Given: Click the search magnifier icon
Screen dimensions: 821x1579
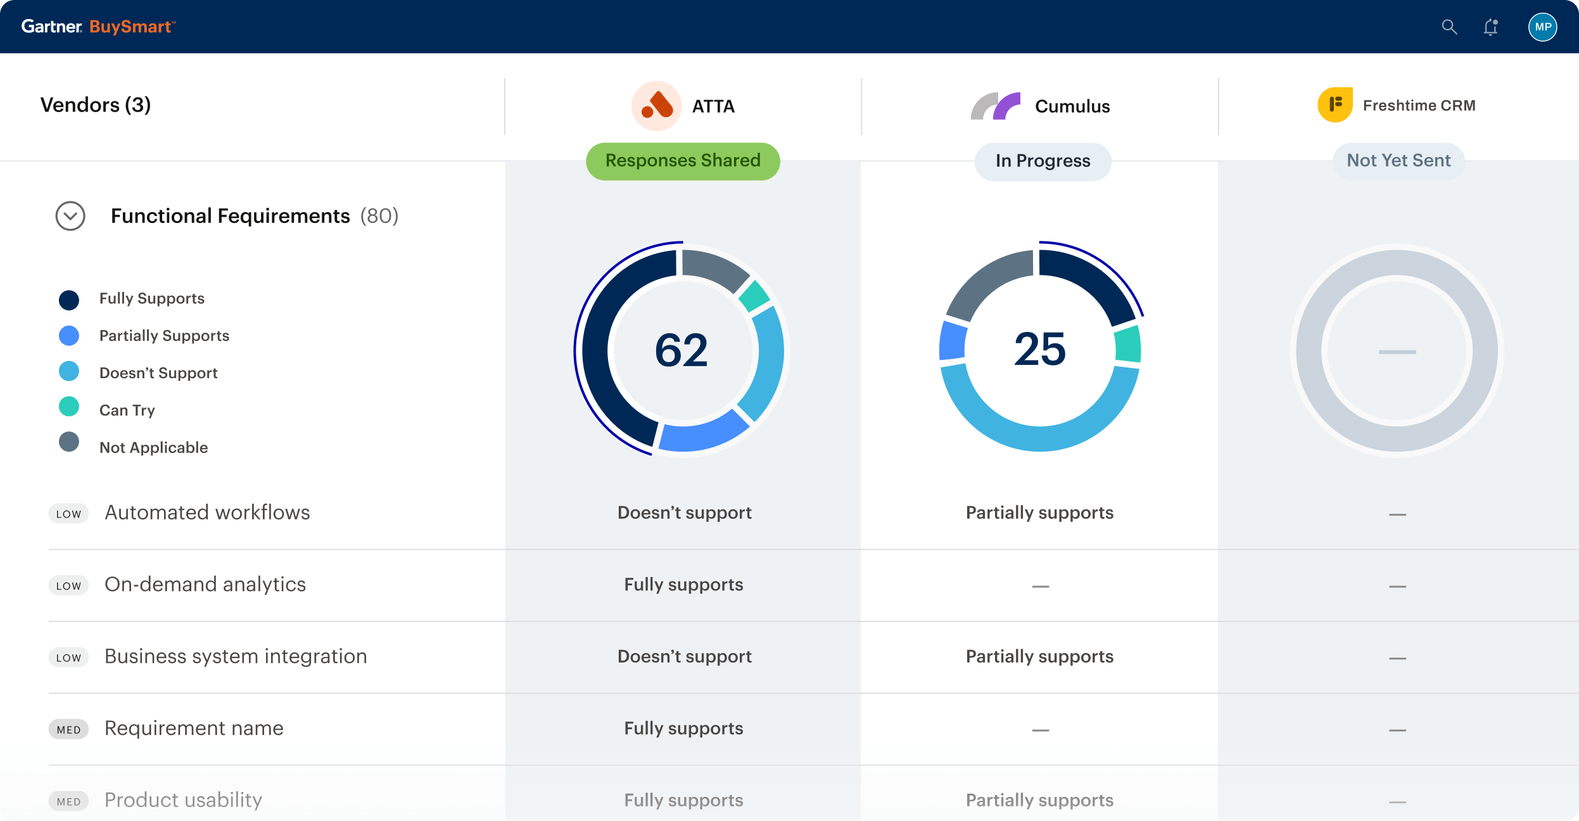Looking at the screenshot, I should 1449,27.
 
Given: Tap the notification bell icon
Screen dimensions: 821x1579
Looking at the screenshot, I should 1490,27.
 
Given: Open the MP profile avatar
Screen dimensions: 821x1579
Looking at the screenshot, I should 1542,27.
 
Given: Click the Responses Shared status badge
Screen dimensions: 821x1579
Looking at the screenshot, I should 683,161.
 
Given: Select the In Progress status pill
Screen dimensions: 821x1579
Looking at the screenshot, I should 1043,161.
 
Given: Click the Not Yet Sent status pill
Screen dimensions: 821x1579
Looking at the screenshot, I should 1398,161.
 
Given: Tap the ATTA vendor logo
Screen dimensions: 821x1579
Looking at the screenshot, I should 656,106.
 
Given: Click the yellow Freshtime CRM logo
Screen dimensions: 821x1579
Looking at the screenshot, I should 1335,105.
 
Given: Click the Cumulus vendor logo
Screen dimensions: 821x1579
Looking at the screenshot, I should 995,106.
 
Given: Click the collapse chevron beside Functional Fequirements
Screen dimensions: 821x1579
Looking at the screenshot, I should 70,216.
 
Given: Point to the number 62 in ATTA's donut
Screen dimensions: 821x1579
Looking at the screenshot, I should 681,350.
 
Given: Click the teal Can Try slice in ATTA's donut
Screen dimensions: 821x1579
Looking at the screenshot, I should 754,296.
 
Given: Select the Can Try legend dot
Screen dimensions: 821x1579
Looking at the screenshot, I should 69,407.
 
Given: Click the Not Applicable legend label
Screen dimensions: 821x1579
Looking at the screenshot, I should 153,447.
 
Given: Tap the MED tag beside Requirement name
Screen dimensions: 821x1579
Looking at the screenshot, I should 68,729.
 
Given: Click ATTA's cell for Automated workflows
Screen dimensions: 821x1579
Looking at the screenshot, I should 684,512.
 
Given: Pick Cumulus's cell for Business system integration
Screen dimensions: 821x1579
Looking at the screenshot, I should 1039,656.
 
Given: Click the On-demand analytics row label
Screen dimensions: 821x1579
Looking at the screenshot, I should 205,584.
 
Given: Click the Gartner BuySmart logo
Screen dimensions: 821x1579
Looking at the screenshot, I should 98,27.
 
